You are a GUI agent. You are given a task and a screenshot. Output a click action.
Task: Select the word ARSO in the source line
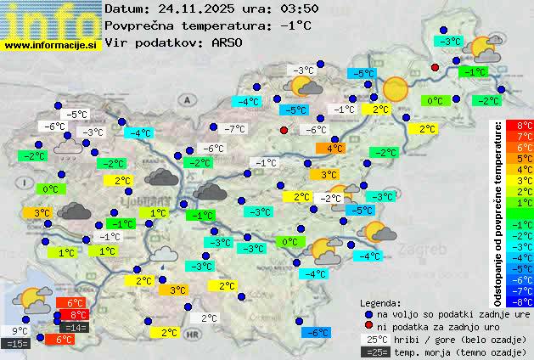coord(229,42)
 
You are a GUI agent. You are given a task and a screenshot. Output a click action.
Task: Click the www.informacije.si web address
coord(51,44)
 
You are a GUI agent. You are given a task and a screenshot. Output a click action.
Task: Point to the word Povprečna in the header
coord(136,25)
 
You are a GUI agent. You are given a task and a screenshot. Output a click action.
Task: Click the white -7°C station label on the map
coord(234,129)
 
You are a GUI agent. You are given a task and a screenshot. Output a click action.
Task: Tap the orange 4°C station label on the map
coord(331,148)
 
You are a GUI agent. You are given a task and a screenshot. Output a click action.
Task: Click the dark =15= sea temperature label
coord(17,343)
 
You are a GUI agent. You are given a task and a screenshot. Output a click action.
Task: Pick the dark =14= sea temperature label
coord(74,327)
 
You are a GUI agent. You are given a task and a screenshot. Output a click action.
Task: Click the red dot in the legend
coord(368,326)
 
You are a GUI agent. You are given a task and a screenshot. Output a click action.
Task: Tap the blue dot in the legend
coord(368,313)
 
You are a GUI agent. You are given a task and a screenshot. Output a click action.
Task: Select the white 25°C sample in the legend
coord(376,339)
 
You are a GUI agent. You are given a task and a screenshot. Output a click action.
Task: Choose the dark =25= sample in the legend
coord(376,352)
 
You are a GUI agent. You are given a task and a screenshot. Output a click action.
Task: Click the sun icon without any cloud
coord(396,88)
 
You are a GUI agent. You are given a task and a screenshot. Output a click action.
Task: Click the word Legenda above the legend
coord(380,302)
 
